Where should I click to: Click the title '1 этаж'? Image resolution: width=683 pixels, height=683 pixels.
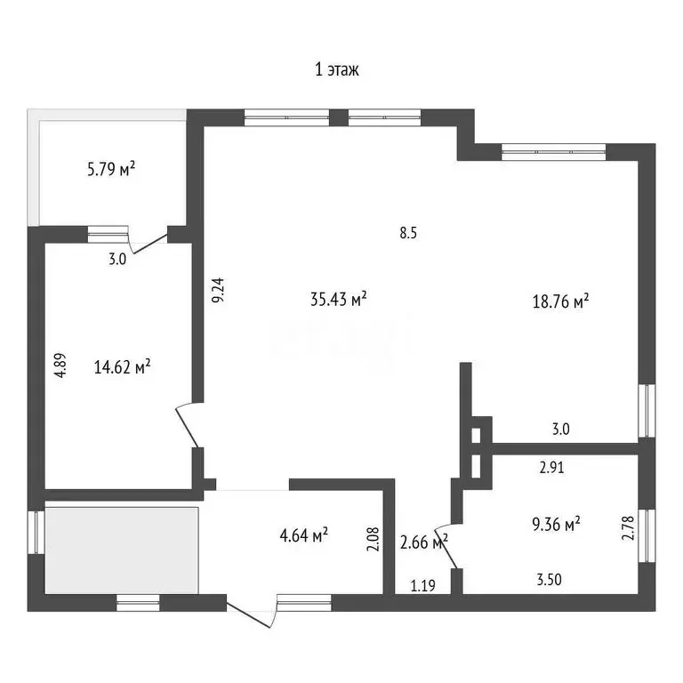coord(337,70)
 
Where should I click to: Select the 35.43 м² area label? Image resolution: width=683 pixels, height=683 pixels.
coord(339,300)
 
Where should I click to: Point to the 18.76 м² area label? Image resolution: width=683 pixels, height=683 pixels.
coord(561,301)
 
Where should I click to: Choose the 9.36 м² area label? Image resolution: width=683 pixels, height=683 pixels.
coord(552,524)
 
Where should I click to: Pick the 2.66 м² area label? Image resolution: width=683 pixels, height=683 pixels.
coord(423,542)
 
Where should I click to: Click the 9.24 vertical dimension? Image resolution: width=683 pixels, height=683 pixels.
coord(218,291)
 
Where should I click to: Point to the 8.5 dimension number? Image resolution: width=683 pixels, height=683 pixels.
coord(408,234)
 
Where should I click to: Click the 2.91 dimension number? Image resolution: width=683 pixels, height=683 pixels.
coord(551,465)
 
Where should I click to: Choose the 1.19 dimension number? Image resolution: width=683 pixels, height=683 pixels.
coord(423,585)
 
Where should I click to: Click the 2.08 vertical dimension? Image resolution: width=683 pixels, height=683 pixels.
coord(373,541)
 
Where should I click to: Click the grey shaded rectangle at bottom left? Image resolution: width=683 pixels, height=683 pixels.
coord(122,549)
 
